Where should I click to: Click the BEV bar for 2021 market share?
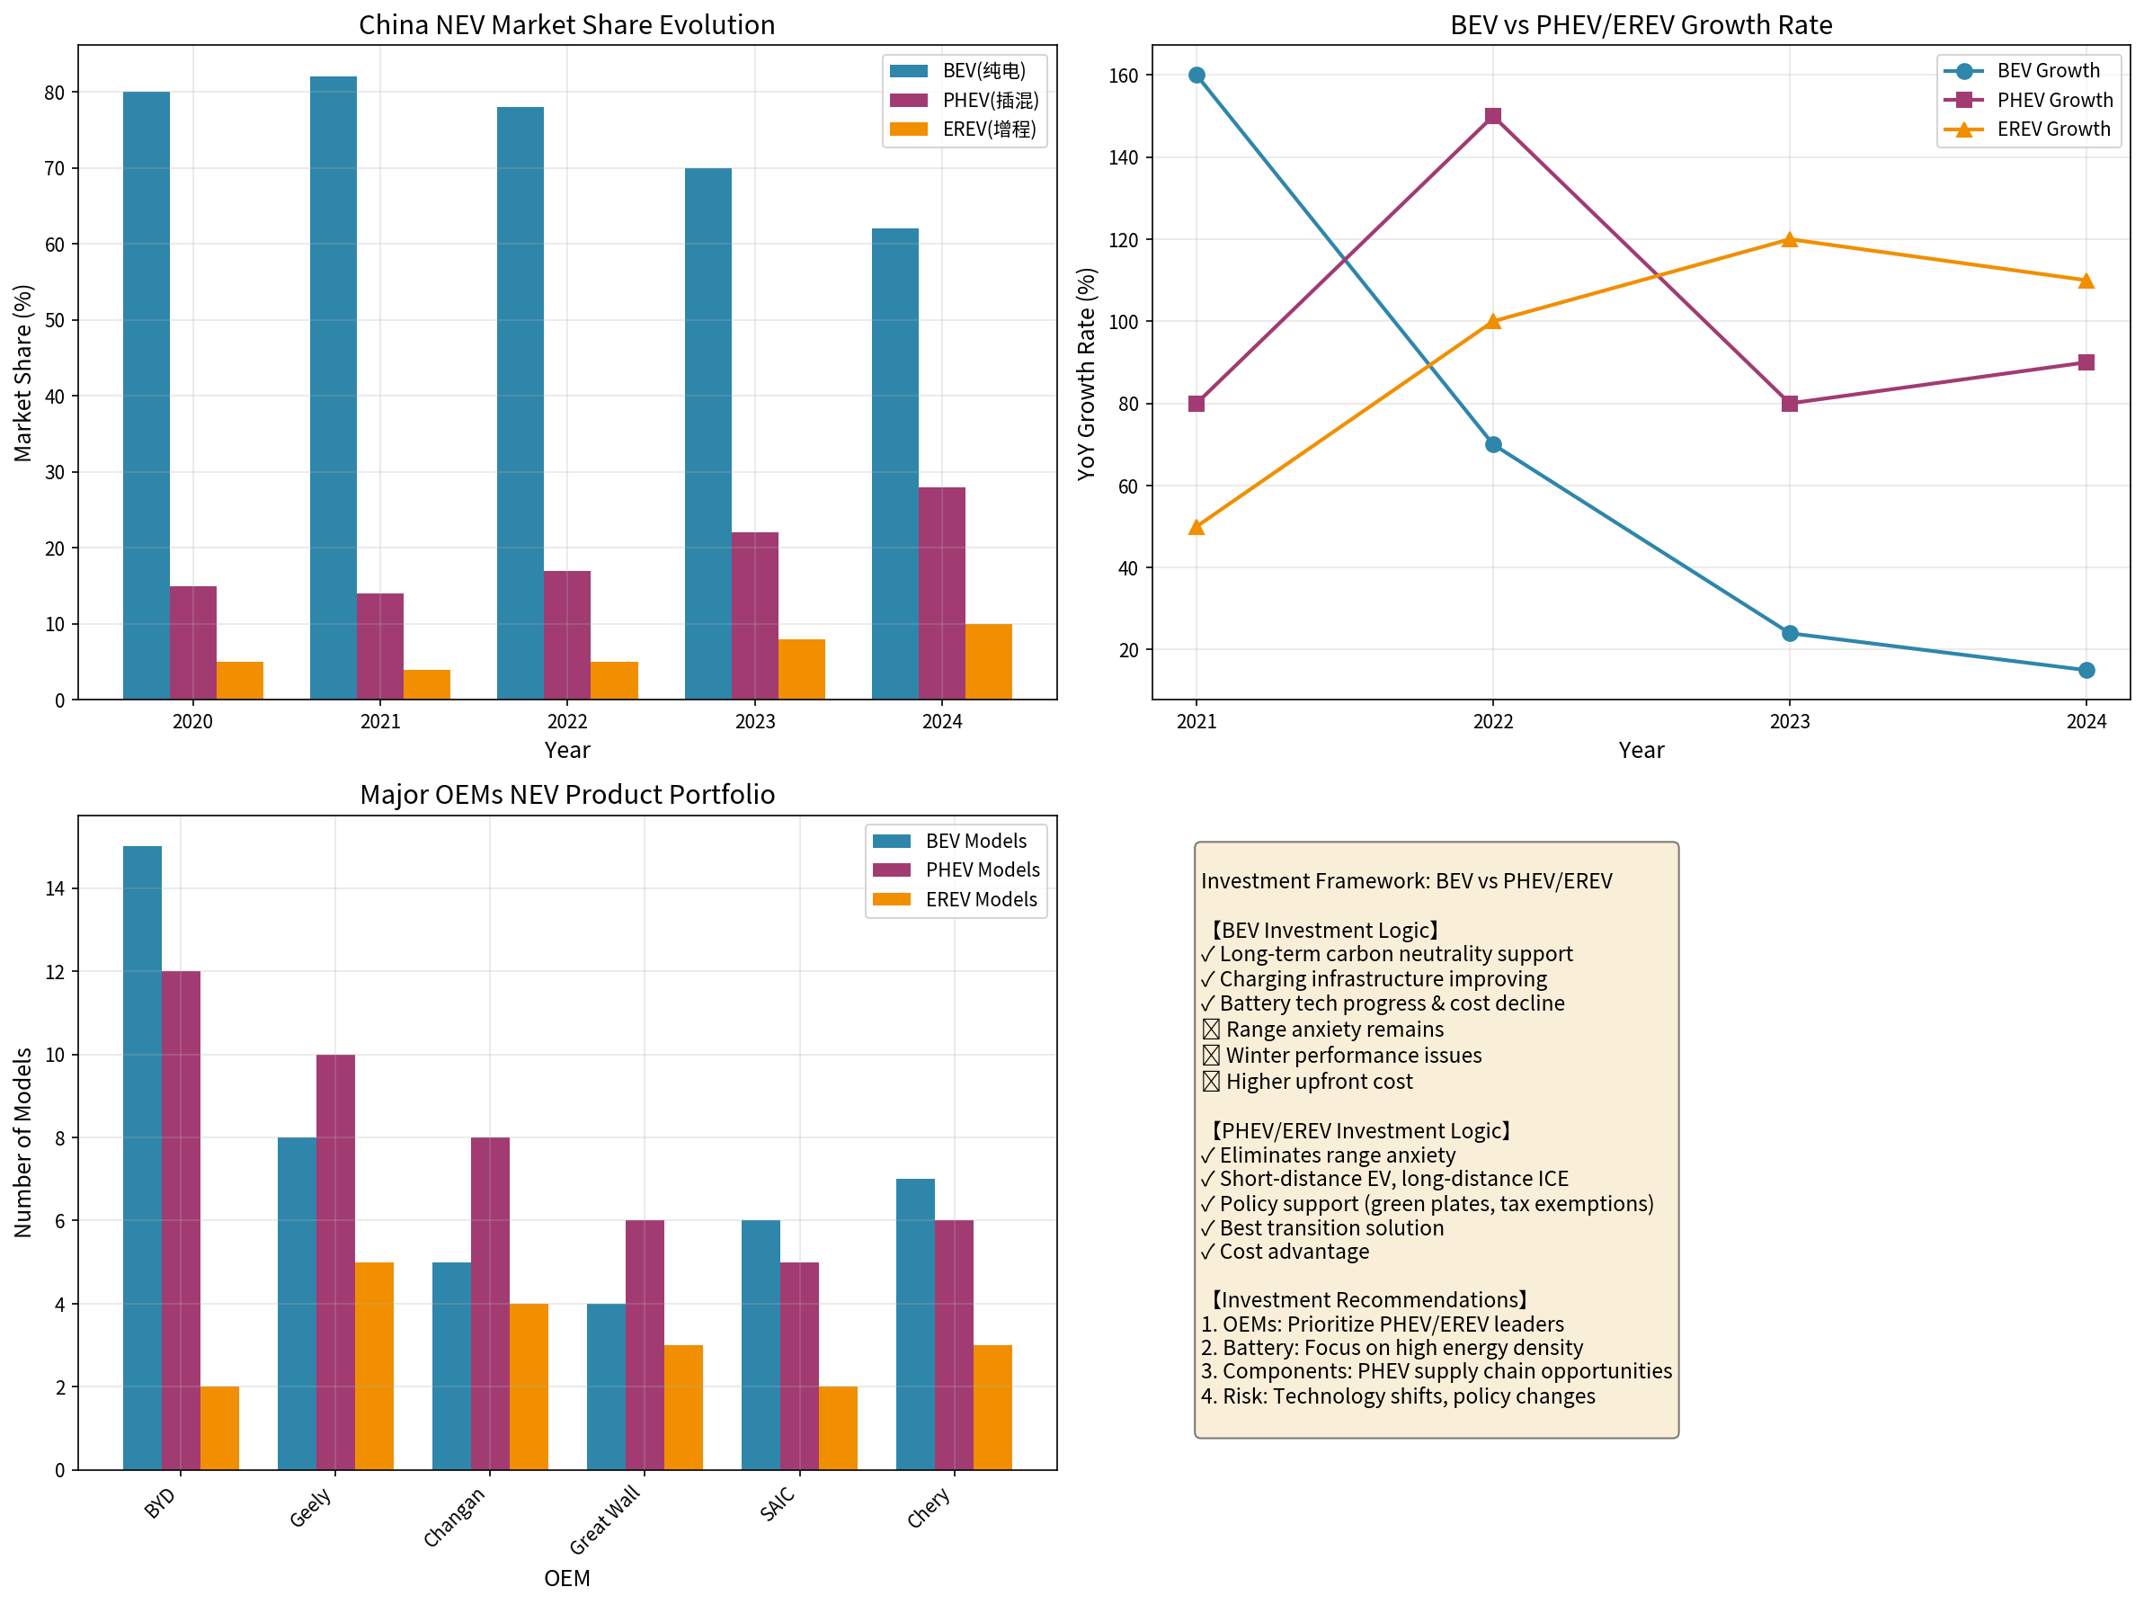(333, 388)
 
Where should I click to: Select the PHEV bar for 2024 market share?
(941, 593)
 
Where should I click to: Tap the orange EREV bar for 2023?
(802, 669)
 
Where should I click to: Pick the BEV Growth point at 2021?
(1197, 76)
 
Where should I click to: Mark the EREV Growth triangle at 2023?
(1789, 239)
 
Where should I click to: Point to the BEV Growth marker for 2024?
(2086, 670)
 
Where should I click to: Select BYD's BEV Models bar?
(142, 1157)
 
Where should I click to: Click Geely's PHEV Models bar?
(335, 1262)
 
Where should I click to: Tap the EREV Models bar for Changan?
(529, 1386)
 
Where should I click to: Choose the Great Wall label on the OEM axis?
(605, 1519)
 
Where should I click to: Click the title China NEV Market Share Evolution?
(567, 24)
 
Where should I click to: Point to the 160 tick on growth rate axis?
(1124, 76)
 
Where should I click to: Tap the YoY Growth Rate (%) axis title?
(1086, 373)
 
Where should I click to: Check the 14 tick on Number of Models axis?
(54, 887)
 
